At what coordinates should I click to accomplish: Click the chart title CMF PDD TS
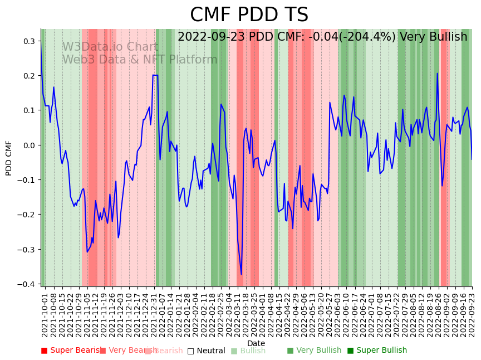(x=249, y=15)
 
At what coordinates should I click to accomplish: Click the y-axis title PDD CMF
(x=9, y=158)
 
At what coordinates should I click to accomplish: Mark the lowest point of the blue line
(x=241, y=274)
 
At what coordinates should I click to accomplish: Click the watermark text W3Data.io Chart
(x=110, y=47)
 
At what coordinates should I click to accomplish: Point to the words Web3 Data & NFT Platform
(x=139, y=60)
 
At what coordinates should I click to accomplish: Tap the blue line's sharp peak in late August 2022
(x=437, y=74)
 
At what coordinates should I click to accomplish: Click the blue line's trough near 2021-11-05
(x=87, y=252)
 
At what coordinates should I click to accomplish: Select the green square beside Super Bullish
(x=351, y=351)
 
